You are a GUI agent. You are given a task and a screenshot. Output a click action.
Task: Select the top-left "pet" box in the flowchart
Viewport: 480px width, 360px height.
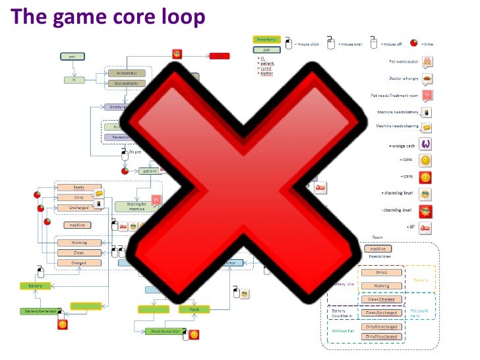[71, 57]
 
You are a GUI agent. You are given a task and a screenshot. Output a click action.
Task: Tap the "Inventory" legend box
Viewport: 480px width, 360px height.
[266, 40]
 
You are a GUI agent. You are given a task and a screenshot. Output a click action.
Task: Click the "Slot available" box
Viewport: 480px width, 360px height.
[126, 84]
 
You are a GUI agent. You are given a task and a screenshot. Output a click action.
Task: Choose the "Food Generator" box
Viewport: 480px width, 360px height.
[162, 331]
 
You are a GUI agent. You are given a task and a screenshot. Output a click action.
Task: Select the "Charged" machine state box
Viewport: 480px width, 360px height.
[78, 262]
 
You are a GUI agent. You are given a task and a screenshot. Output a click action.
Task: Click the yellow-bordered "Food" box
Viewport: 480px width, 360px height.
[194, 309]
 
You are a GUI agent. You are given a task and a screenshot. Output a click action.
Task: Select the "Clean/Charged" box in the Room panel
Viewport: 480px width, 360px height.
[380, 299]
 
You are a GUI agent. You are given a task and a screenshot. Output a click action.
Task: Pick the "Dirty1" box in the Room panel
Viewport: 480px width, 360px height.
[380, 272]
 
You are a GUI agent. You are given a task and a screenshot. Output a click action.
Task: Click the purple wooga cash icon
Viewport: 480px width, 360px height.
[426, 144]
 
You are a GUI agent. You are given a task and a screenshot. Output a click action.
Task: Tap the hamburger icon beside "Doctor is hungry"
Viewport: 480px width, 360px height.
[427, 79]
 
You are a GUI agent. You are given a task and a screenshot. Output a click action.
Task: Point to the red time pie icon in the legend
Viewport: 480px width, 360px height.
[413, 44]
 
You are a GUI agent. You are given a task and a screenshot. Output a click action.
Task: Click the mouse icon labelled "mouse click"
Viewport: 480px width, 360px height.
[287, 44]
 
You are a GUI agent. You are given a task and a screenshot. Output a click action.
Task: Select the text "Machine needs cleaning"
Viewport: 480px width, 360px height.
[395, 126]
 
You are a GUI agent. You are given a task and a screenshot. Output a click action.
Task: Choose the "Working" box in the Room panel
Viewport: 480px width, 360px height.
[380, 285]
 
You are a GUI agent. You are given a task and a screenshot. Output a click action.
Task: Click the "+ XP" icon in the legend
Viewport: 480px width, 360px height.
[427, 227]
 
